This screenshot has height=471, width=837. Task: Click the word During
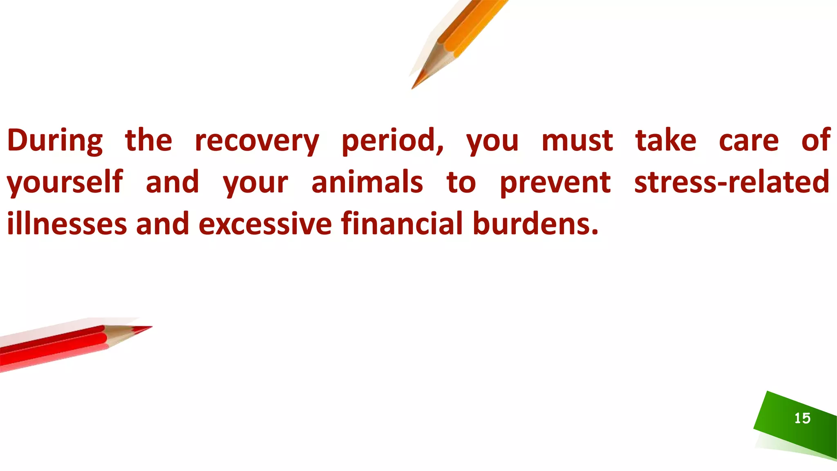(55, 140)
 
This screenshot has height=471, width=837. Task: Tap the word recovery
(257, 140)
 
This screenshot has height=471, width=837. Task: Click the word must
(577, 140)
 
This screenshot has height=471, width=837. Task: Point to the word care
(749, 140)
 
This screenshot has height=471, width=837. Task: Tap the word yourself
(65, 182)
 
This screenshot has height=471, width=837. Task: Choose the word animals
(367, 182)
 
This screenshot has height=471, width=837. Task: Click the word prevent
(555, 182)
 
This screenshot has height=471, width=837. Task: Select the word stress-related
(732, 182)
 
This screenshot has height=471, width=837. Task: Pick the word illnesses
(67, 224)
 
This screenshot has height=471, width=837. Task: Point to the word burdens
(535, 224)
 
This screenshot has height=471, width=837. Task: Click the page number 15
(802, 418)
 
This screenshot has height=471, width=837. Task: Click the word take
(665, 140)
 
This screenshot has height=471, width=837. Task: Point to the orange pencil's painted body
(474, 25)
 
